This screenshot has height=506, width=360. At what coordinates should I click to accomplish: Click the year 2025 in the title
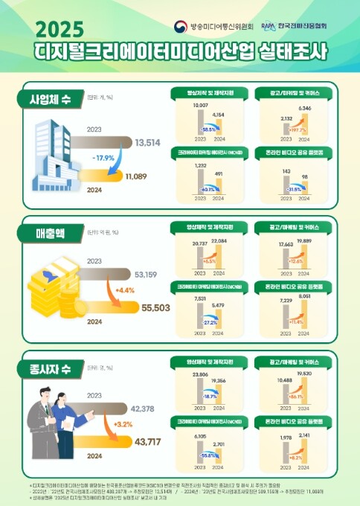60,30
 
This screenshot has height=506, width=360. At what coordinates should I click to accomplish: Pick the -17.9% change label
104,158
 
